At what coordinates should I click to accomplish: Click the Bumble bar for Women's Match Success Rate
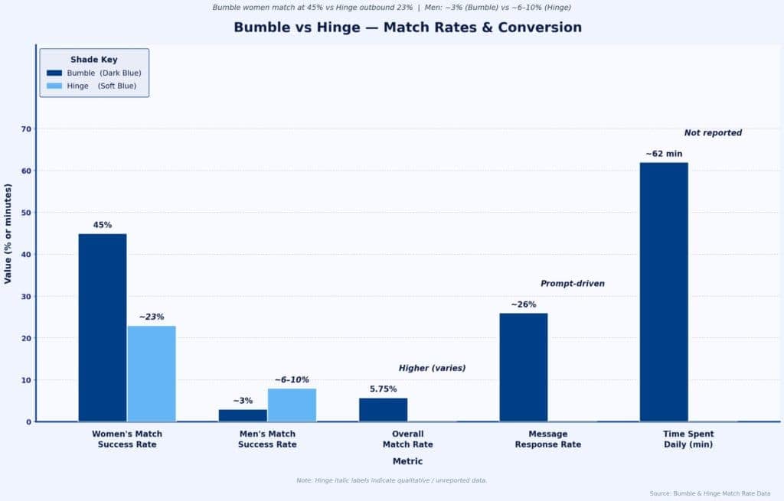click(x=103, y=327)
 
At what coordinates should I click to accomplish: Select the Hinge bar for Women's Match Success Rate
click(x=152, y=373)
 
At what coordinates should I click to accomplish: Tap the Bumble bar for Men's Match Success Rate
click(x=243, y=415)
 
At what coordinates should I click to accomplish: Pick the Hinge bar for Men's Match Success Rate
click(x=292, y=405)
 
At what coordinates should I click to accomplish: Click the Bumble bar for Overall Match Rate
click(x=383, y=409)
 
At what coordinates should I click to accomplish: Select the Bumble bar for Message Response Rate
click(x=524, y=367)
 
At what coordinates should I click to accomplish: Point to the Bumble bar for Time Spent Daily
click(x=664, y=291)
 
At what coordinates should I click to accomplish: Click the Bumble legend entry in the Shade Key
click(x=94, y=73)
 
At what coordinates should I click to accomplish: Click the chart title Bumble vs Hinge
click(x=407, y=28)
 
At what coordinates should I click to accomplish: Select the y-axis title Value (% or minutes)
click(x=8, y=233)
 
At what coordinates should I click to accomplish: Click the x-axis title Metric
click(x=407, y=461)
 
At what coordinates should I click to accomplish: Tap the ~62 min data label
click(x=664, y=154)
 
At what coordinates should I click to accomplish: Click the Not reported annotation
click(x=713, y=133)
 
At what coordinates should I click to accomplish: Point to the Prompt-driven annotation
click(x=573, y=284)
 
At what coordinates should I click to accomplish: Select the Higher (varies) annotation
click(x=432, y=368)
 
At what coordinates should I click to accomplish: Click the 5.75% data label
click(x=383, y=389)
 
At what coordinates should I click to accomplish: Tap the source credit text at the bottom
click(x=710, y=493)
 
